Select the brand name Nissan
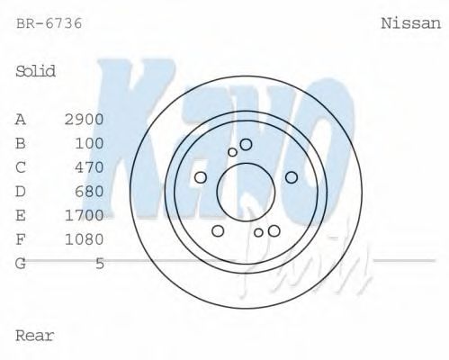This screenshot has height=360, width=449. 411,23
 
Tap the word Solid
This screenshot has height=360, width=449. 36,71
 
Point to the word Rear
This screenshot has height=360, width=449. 35,336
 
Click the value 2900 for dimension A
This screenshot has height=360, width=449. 85,119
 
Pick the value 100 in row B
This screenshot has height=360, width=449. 89,143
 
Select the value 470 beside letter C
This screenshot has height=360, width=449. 89,167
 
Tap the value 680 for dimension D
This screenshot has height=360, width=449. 89,192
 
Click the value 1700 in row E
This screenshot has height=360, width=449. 85,215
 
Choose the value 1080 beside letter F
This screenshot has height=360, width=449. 85,239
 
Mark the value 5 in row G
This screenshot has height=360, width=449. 100,264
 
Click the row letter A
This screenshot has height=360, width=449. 21,119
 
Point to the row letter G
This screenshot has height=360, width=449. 21,264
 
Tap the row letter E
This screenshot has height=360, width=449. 21,215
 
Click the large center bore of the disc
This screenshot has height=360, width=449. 244,188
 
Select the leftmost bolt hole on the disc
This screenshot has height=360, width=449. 200,176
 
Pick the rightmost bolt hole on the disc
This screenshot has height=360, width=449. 291,176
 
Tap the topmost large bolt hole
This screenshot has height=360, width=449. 246,144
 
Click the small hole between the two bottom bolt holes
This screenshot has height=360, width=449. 258,233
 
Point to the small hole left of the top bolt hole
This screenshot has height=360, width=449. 232,151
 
